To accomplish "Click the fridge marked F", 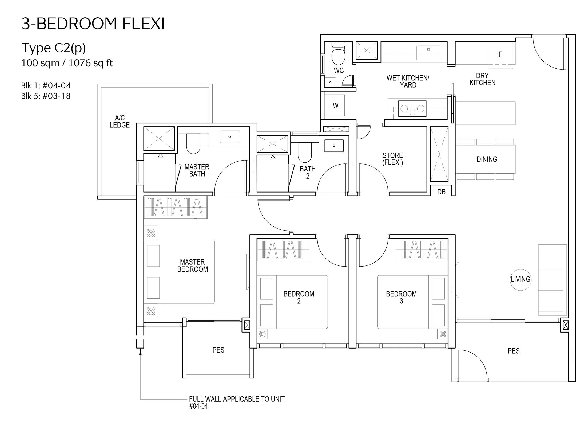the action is point(500,56).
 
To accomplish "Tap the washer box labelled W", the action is point(335,105).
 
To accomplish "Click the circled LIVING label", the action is point(521,280).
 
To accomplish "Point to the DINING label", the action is point(487,159).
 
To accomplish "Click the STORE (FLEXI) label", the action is point(392,159).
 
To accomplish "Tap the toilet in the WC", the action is point(338,53).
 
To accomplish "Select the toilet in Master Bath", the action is point(193,143).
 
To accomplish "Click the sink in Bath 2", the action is point(334,146).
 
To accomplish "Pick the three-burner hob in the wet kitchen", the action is point(412,109).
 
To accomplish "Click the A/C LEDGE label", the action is point(120,121).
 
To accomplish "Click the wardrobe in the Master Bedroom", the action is point(176,207).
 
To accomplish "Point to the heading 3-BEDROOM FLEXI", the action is point(93,24).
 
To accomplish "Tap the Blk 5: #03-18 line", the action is point(46,96).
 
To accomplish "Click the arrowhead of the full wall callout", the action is point(140,352).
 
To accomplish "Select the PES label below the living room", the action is point(514,351).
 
